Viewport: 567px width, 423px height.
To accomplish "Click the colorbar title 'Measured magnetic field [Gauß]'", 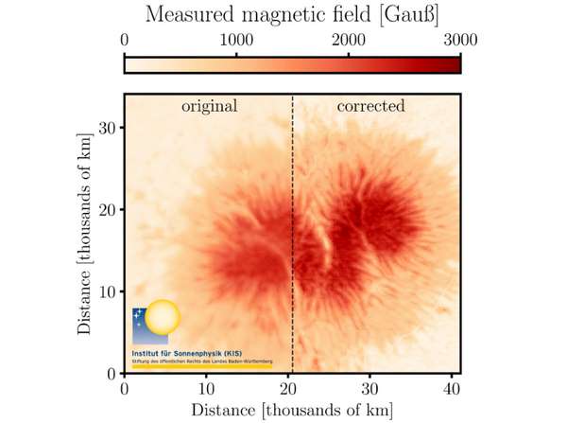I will click(x=292, y=15).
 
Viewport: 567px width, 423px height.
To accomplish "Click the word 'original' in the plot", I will click(x=209, y=106).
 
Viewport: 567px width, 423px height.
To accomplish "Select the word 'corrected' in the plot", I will click(x=370, y=106).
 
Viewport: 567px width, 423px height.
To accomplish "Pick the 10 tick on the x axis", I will click(x=206, y=388).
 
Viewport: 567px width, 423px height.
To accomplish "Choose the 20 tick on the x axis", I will click(x=287, y=388).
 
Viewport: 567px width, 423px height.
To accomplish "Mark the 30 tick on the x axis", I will click(x=369, y=388).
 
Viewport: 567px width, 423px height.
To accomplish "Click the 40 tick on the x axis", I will click(x=451, y=388).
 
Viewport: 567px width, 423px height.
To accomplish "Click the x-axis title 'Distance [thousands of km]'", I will click(x=292, y=410).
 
